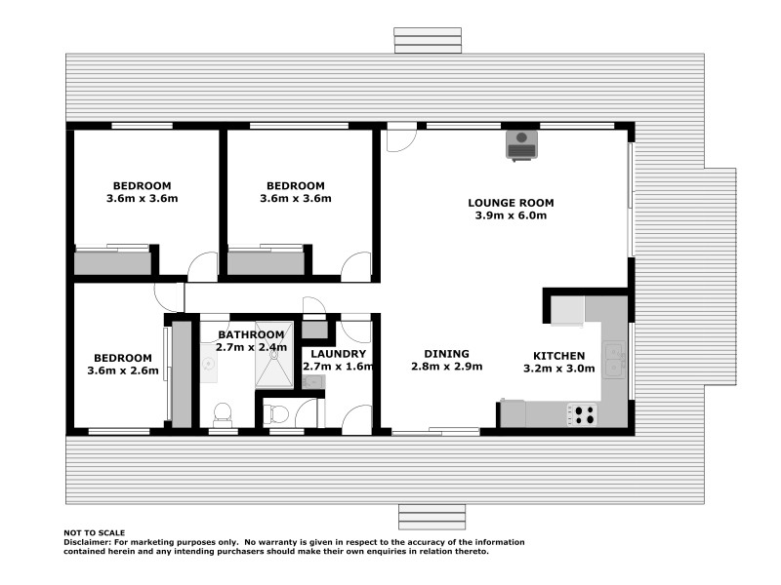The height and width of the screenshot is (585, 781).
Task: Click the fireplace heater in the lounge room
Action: [519, 144]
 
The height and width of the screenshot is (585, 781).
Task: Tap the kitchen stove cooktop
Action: [582, 414]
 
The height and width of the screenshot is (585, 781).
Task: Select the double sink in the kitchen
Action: [614, 360]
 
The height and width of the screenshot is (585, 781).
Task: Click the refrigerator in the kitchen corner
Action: [566, 310]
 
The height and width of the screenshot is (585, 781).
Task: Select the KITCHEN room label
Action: [559, 356]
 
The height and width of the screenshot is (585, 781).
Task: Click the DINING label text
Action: [446, 354]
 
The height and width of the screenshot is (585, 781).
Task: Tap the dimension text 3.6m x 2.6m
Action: [123, 370]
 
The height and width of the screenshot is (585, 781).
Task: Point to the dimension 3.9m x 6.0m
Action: [511, 215]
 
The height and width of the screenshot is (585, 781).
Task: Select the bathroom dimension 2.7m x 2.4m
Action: [251, 347]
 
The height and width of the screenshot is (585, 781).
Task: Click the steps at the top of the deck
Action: [428, 40]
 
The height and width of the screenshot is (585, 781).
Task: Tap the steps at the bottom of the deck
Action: [432, 515]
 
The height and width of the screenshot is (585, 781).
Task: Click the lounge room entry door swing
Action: [399, 138]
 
